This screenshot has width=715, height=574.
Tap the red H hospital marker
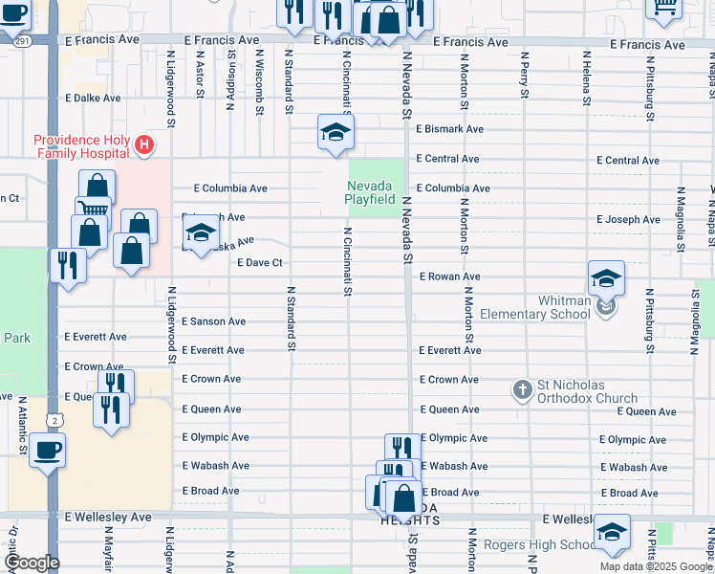pyautogui.click(x=143, y=145)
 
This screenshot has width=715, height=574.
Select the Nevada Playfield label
pyautogui.click(x=371, y=191)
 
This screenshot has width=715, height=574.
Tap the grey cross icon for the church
pyautogui.click(x=522, y=390)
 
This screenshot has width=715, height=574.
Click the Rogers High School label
pyautogui.click(x=538, y=545)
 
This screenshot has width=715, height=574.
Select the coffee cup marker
pyautogui.click(x=47, y=449)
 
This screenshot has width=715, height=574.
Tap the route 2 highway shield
pyautogui.click(x=55, y=420)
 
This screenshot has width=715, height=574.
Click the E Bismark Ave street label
pyautogui.click(x=448, y=129)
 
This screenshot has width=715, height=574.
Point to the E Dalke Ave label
pyautogui.click(x=93, y=98)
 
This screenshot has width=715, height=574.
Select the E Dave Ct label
pyautogui.click(x=260, y=262)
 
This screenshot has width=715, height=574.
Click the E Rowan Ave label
pyautogui.click(x=449, y=276)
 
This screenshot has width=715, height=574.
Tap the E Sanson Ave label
pyautogui.click(x=213, y=322)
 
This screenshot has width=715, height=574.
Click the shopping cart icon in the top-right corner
pyautogui.click(x=663, y=6)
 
